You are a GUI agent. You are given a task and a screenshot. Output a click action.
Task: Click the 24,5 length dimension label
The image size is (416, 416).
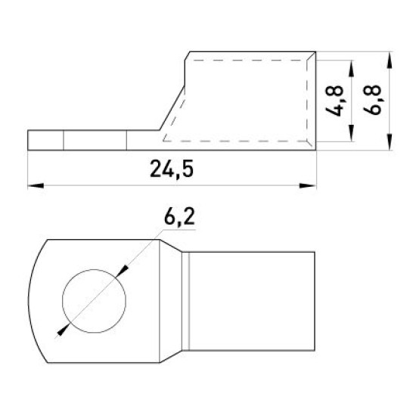(172, 169)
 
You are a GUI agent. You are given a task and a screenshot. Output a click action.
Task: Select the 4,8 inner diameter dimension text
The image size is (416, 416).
(335, 101)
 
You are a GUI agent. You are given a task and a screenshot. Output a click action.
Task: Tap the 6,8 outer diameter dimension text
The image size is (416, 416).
(373, 100)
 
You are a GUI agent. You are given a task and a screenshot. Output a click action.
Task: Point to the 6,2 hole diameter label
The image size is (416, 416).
(179, 217)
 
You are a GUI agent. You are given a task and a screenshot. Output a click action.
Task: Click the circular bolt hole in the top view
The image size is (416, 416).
(95, 301)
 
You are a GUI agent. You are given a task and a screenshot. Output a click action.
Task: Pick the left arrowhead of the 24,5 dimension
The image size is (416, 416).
(36, 186)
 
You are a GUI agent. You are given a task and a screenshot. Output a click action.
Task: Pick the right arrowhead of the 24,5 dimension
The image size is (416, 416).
(308, 186)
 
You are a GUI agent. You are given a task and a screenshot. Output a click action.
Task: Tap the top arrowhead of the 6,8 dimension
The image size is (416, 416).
(390, 61)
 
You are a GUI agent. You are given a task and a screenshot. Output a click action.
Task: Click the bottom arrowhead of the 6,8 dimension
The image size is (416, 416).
(390, 142)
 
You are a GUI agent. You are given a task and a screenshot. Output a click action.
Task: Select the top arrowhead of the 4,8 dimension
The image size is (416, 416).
(351, 68)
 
